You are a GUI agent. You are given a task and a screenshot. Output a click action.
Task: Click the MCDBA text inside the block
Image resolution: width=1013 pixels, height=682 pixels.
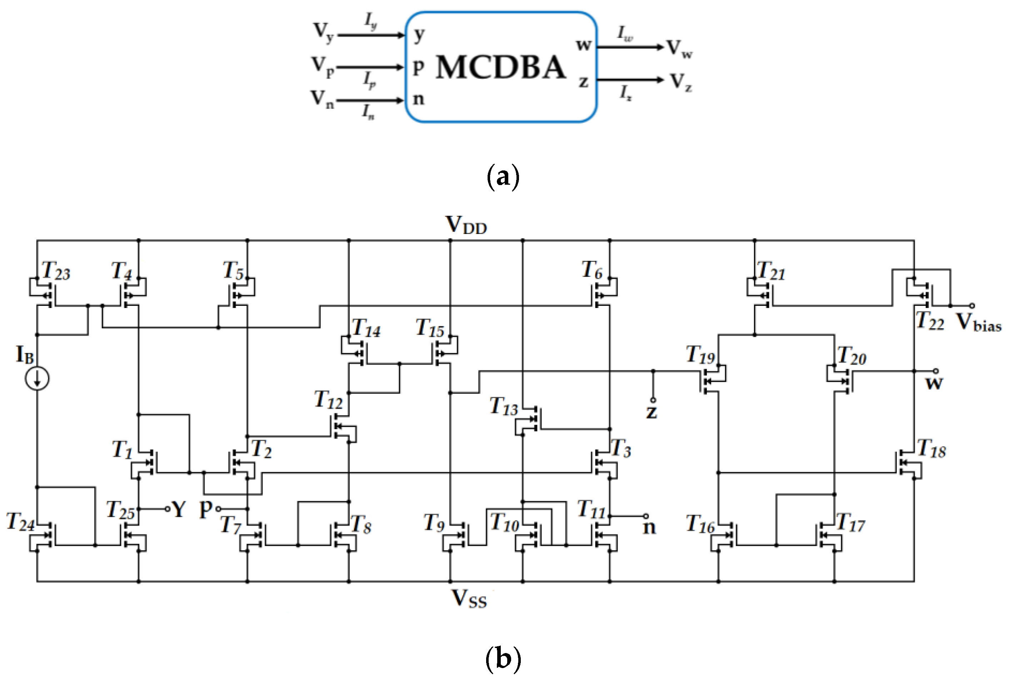(501, 68)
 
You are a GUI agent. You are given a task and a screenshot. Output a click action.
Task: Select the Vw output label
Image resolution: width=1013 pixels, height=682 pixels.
(679, 48)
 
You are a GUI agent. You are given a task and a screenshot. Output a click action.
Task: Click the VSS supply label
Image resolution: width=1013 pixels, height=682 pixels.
(469, 599)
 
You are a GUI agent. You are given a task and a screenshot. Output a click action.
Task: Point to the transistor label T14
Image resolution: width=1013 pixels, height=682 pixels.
(366, 328)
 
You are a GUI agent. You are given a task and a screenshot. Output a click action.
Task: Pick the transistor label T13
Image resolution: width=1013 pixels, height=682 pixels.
(503, 406)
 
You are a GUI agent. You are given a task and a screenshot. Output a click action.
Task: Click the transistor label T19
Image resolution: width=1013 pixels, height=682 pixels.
(700, 354)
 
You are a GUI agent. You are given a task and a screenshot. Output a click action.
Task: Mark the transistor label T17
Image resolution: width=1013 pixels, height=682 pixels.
(850, 523)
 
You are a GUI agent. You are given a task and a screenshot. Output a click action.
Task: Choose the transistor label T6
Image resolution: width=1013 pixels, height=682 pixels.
(592, 270)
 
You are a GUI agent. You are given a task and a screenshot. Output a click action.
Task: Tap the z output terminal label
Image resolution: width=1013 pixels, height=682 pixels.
(651, 412)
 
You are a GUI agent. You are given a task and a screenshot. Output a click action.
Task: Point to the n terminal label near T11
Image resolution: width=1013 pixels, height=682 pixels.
(649, 528)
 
